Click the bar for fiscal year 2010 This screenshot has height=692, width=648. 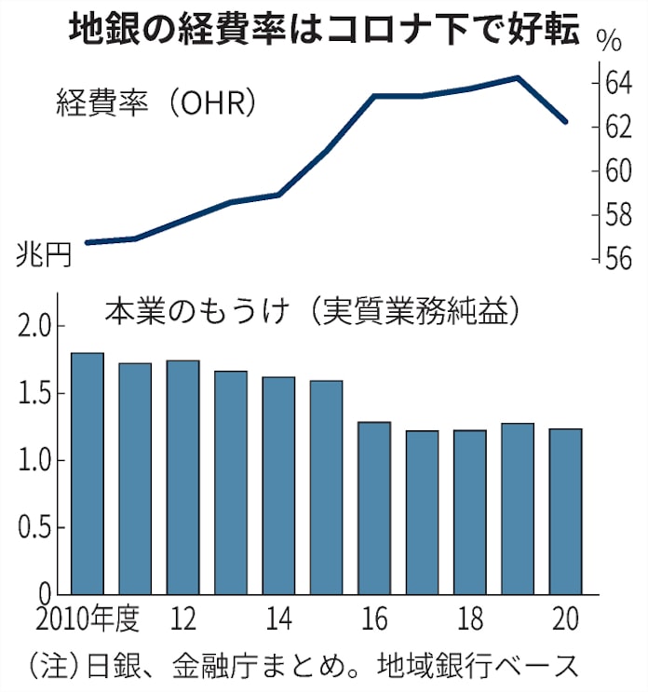pyautogui.click(x=88, y=473)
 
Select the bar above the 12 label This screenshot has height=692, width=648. pyautogui.click(x=183, y=477)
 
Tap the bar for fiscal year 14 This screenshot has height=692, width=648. pyautogui.click(x=278, y=485)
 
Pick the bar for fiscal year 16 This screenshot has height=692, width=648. pyautogui.click(x=374, y=508)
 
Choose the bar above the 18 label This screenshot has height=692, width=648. pyautogui.click(x=469, y=511)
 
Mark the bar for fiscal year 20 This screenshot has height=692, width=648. pyautogui.click(x=565, y=511)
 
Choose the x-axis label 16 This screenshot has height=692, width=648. pyautogui.click(x=374, y=619)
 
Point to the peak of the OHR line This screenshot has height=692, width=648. pyautogui.click(x=517, y=77)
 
